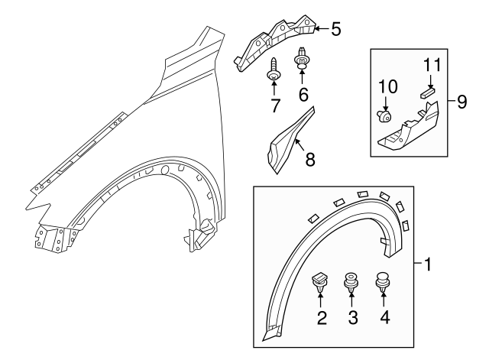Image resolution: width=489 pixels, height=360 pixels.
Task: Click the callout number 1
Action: click(x=429, y=265)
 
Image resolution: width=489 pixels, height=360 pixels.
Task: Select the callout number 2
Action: click(x=322, y=316)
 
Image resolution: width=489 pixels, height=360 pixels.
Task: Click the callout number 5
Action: click(x=335, y=31)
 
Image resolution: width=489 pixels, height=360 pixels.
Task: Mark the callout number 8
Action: click(x=309, y=159)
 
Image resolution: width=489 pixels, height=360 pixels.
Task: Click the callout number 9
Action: click(x=461, y=102)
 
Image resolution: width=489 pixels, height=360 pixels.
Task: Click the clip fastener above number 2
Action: click(x=321, y=281)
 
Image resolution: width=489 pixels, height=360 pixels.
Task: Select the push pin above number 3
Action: click(x=351, y=282)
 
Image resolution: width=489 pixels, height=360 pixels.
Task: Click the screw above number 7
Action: click(x=274, y=69)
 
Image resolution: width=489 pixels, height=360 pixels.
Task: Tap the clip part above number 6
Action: click(x=303, y=59)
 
